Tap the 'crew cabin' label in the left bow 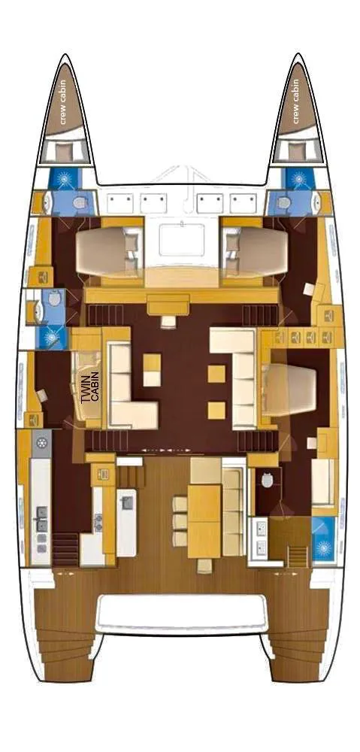pyautogui.click(x=64, y=101)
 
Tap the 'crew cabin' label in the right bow pyautogui.click(x=296, y=101)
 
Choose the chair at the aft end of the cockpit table pyautogui.click(x=203, y=564)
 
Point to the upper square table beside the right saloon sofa pyautogui.click(x=217, y=373)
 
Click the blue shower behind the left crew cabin pyautogui.click(x=62, y=179)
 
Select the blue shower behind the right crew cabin pyautogui.click(x=298, y=179)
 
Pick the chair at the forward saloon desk pyautogui.click(x=167, y=322)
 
